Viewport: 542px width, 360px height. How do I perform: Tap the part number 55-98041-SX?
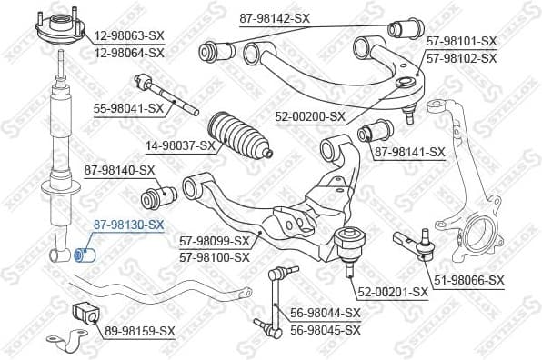coord(128,108)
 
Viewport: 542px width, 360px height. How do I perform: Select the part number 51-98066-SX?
coord(469,279)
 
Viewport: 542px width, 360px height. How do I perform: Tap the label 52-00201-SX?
coord(392,292)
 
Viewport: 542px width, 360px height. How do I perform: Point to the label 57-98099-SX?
coord(215,242)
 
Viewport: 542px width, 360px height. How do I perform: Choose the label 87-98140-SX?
coord(120,169)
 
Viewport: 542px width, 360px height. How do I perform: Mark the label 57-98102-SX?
coord(463,57)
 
